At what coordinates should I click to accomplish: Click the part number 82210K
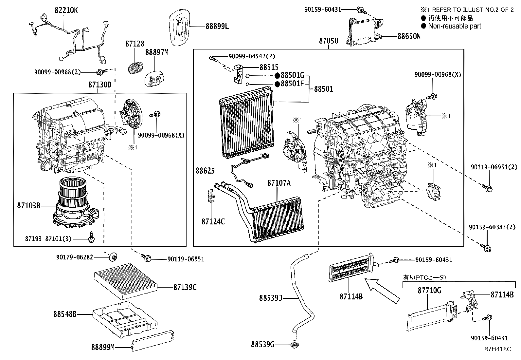click(66, 10)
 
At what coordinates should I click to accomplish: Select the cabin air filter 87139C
click(126, 281)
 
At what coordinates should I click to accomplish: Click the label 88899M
click(103, 347)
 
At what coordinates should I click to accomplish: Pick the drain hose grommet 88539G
click(295, 345)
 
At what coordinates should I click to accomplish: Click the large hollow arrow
click(382, 291)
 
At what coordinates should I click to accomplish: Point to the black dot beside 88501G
click(277, 76)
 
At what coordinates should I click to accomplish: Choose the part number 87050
click(329, 41)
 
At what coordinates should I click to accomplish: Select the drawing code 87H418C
click(498, 349)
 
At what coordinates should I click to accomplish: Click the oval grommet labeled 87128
click(135, 67)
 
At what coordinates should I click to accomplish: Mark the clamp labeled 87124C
click(211, 196)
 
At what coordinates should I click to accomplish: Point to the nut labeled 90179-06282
click(113, 257)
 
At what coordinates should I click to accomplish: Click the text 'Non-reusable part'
click(455, 26)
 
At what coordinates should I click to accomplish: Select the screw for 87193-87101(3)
click(91, 237)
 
